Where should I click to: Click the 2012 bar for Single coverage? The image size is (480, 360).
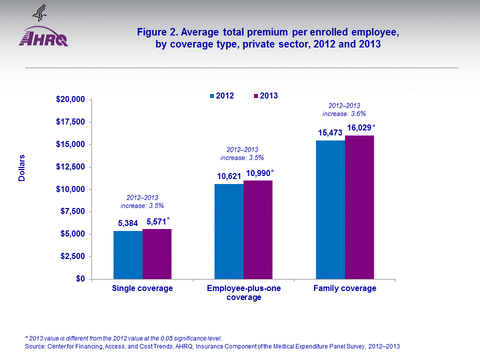tap(128, 254)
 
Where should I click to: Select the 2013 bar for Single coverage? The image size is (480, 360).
tap(157, 253)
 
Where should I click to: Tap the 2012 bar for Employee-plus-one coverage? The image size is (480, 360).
tap(229, 231)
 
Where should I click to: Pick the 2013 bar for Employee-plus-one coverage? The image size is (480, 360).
tap(258, 229)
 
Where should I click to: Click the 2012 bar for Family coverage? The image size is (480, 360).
tap(330, 209)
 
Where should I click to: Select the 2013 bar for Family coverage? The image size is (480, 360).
tap(359, 207)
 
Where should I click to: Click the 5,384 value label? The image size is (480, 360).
tap(128, 223)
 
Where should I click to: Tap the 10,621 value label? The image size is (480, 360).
tap(229, 176)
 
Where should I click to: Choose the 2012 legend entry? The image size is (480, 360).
tap(221, 95)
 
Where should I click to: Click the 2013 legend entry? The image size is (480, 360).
tap(265, 95)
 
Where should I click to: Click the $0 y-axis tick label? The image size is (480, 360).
tap(79, 279)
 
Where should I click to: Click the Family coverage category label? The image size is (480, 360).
tap(344, 288)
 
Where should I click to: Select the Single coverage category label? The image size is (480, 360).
tap(142, 288)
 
